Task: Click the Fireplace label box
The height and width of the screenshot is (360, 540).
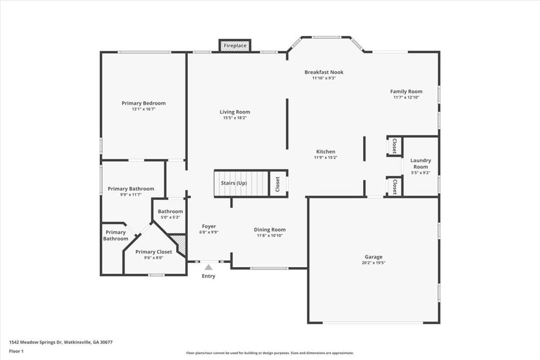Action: coord(235,45)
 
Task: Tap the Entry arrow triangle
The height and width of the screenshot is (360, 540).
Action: coord(208,268)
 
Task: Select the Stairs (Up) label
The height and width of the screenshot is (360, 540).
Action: coord(234,183)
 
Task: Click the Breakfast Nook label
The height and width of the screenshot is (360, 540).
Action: coord(324,72)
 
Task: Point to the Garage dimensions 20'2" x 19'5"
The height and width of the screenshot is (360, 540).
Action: coord(373,263)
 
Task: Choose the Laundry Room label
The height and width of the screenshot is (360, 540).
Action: coord(421,163)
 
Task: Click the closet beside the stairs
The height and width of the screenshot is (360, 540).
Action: coord(278,184)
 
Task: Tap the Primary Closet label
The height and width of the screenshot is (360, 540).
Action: coord(154,252)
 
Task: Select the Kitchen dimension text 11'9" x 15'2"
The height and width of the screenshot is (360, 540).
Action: coord(326,158)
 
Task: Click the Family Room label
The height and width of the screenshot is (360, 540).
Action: coord(406,91)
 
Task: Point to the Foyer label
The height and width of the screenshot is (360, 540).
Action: coord(209,226)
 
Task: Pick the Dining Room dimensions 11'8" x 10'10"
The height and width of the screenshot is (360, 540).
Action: coord(270,236)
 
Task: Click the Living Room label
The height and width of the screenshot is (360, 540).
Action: coord(235,111)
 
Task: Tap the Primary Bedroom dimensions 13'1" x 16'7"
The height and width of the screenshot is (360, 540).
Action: coord(144,109)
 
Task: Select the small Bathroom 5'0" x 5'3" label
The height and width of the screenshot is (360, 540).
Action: coord(170,214)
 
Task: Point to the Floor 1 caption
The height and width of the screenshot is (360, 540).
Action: coord(16,352)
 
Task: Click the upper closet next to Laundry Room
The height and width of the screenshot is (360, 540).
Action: coord(394,146)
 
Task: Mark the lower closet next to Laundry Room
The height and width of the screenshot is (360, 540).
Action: coord(394,187)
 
